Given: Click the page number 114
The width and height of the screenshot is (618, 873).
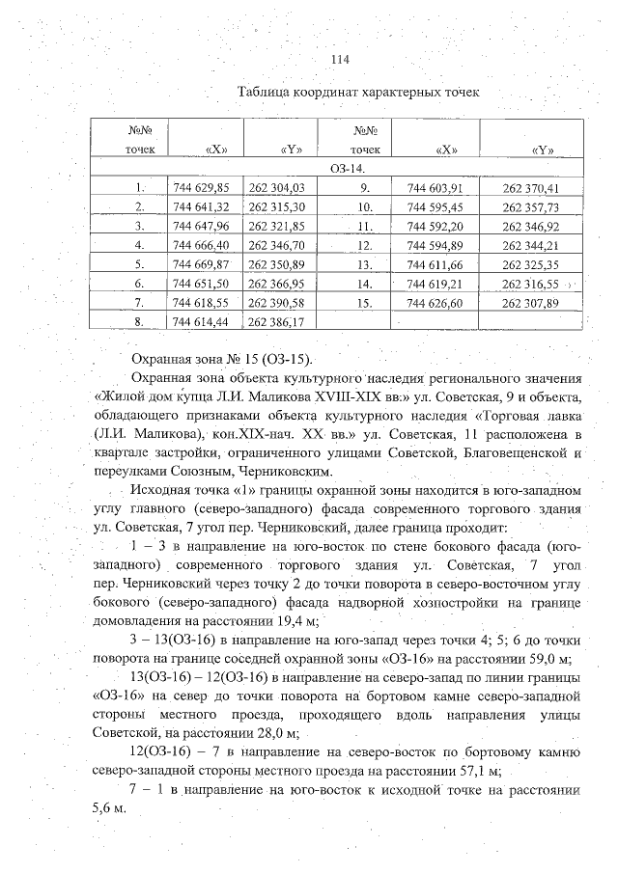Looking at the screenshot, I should tap(339, 60).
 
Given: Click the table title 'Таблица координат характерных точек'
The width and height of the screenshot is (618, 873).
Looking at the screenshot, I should tap(358, 91).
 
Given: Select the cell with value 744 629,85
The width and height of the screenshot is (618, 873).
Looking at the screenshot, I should tap(200, 188).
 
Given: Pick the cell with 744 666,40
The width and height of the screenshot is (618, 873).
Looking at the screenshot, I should tap(200, 245).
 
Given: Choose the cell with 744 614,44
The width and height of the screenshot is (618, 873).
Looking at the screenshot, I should tap(200, 321).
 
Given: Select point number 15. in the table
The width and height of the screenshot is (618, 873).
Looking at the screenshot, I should tap(365, 303).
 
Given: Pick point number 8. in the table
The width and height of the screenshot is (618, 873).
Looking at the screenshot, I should tap(141, 321).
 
